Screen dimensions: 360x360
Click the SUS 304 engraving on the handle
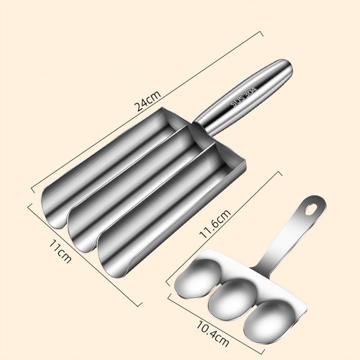point(243,95)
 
